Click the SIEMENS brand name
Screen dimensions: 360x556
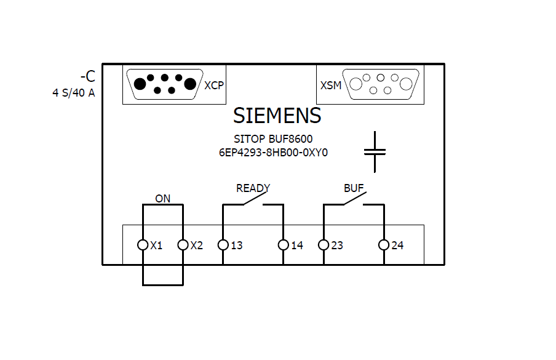point(277,116)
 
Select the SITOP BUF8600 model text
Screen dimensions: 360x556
point(273,140)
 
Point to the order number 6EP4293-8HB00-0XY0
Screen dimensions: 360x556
point(273,153)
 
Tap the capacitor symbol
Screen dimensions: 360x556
point(374,151)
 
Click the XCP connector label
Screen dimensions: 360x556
point(214,86)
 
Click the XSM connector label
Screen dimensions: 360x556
point(331,86)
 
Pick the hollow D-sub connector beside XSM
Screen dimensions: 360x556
point(381,84)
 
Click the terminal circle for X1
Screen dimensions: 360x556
point(143,245)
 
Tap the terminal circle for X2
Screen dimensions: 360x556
point(183,245)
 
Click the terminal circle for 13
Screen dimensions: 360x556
point(223,245)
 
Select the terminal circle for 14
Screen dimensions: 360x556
point(283,245)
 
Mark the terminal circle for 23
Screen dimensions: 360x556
point(324,245)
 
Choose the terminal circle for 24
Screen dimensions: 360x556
point(384,245)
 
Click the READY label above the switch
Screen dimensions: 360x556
point(253,188)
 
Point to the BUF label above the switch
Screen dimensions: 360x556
point(354,188)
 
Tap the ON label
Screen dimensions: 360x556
point(162,199)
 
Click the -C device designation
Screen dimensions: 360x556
point(88,77)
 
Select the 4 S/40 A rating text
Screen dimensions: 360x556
point(73,94)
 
